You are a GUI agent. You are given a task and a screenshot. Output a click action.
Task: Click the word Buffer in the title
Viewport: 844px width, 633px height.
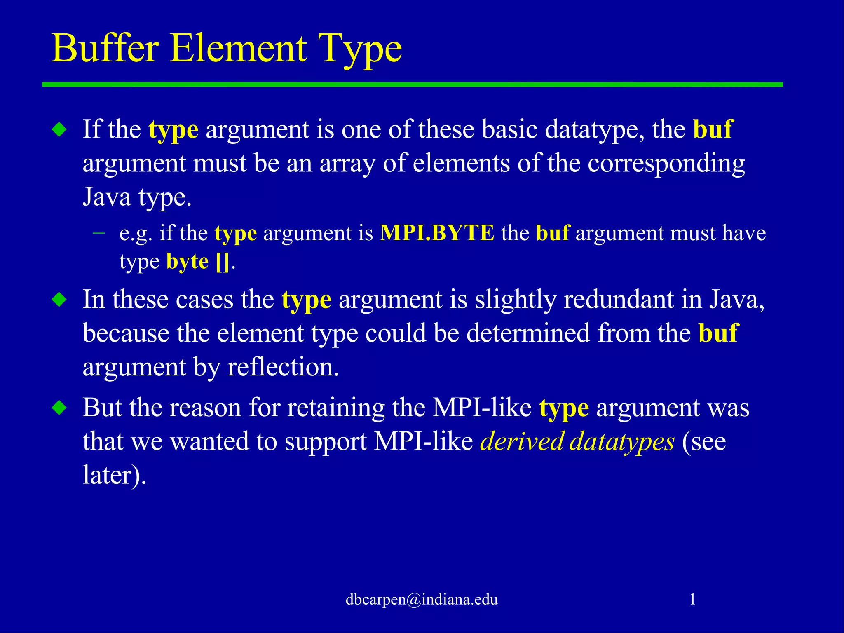click(x=105, y=48)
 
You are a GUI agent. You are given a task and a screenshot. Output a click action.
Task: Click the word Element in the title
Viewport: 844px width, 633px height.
click(x=239, y=48)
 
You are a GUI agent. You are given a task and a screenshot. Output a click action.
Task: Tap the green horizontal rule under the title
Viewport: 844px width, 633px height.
click(x=412, y=84)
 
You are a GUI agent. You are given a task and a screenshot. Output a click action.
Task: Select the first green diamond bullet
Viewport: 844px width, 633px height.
click(x=60, y=130)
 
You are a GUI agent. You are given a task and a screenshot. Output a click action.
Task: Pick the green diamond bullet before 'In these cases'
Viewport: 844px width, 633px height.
click(x=60, y=300)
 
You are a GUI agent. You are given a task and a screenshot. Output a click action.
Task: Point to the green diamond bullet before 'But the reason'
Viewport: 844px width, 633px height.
click(x=60, y=408)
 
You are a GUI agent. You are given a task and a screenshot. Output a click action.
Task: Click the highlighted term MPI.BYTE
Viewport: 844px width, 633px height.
click(x=437, y=233)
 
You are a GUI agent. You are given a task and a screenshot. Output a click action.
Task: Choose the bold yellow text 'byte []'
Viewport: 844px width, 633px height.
click(x=197, y=261)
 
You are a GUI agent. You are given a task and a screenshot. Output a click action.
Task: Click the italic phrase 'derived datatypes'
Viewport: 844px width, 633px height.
click(x=577, y=442)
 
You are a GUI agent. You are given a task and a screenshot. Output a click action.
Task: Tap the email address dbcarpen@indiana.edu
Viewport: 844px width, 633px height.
click(x=422, y=599)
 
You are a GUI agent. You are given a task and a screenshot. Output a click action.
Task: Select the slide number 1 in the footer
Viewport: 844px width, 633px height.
click(x=692, y=599)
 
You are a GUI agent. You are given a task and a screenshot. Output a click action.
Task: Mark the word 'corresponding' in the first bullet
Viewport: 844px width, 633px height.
click(x=666, y=164)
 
